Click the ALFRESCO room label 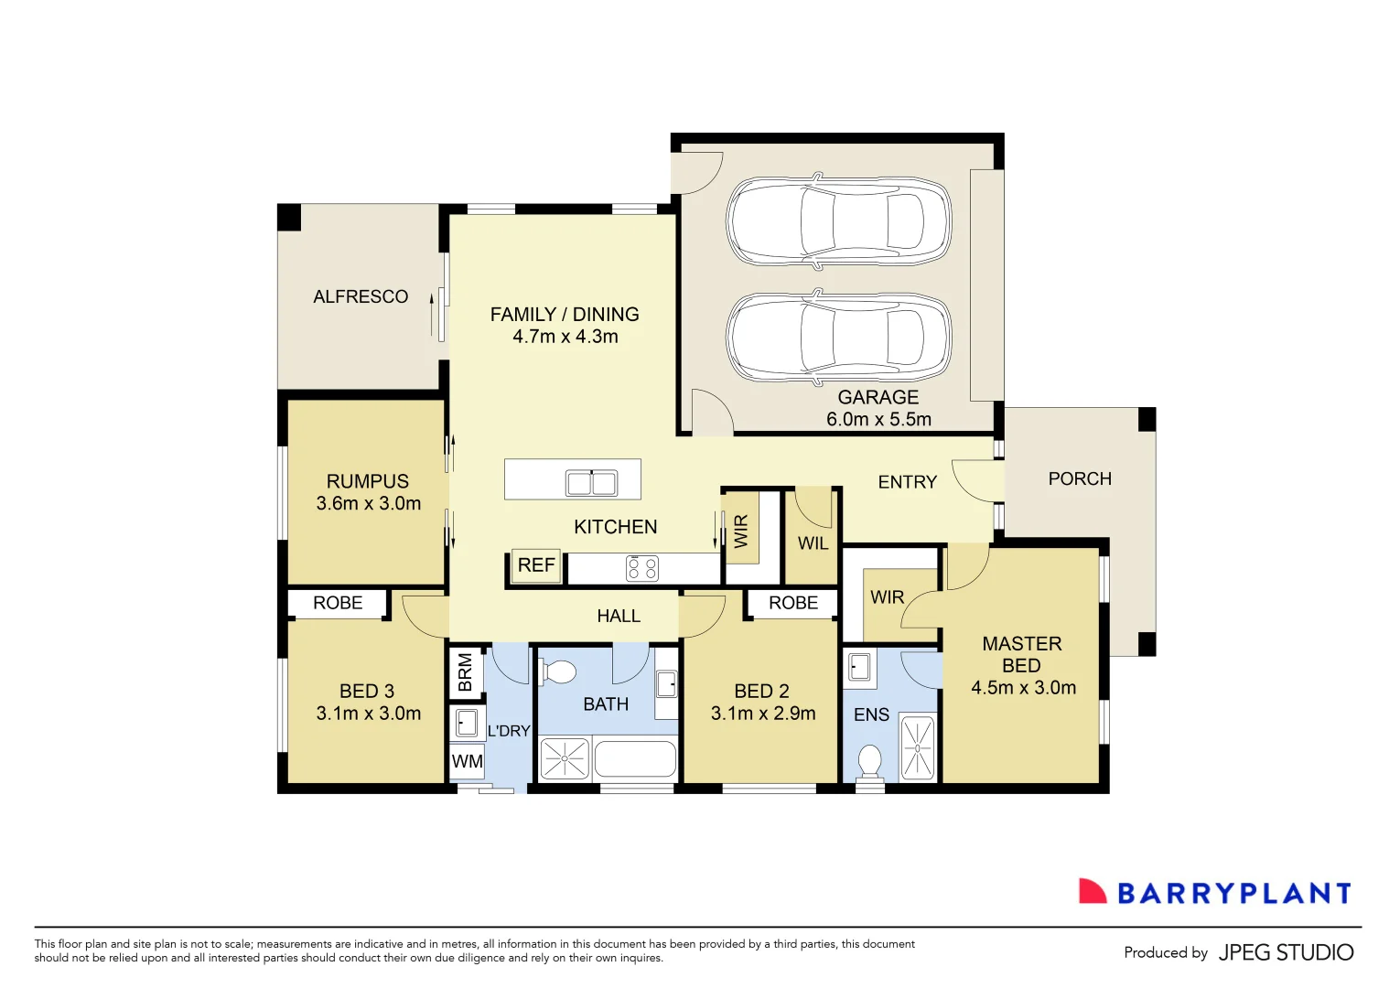pos(361,296)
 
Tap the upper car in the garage pos(838,220)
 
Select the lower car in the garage pos(838,337)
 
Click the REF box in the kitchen pos(535,565)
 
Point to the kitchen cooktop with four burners pos(642,568)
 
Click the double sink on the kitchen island pos(591,482)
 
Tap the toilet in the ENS pos(869,761)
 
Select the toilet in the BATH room pos(557,673)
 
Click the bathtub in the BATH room pos(635,759)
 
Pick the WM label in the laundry pos(467,761)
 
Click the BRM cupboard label pos(465,672)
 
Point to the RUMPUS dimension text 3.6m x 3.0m pos(368,503)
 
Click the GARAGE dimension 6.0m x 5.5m pos(878,419)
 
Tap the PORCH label pos(1080,478)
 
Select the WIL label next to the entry pos(813,543)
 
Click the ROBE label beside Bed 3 pos(338,603)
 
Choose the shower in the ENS pos(918,748)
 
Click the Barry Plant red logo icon pos(1092,892)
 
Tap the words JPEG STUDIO pos(1286,952)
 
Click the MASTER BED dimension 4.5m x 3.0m pos(1023,688)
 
